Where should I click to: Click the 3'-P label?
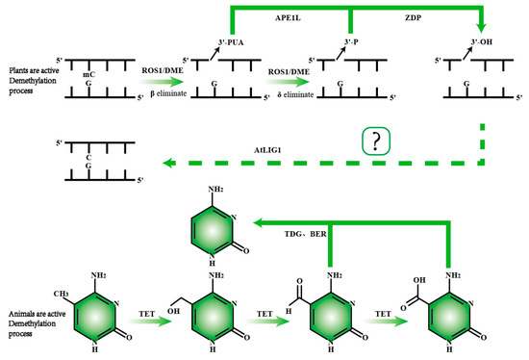pos(352,43)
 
